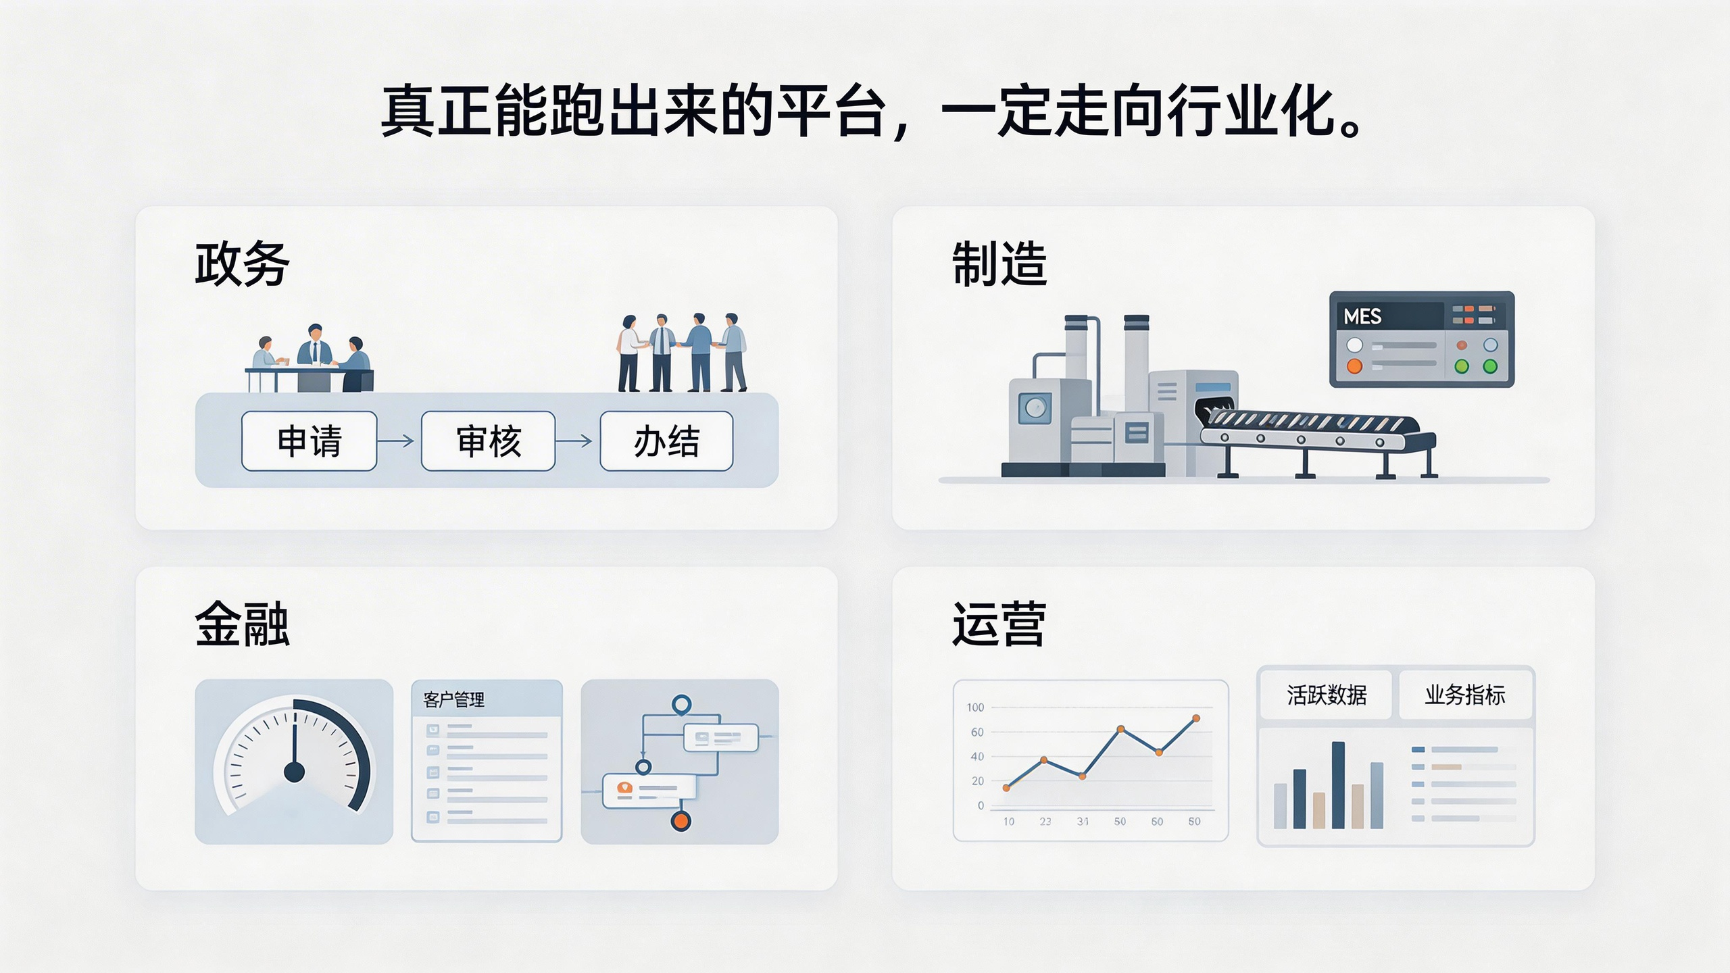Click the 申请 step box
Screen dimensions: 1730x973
tap(309, 441)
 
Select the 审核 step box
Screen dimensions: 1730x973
tap(488, 441)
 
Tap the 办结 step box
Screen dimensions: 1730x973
tap(666, 441)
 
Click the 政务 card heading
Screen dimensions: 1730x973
tap(242, 264)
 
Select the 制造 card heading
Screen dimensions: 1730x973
tap(999, 264)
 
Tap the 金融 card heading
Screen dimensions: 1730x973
tap(242, 624)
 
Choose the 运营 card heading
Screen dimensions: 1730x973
tap(999, 624)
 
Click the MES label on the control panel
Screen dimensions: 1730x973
tap(1362, 316)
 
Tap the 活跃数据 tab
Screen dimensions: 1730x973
tap(1326, 695)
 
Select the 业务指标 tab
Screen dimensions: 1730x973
tap(1465, 695)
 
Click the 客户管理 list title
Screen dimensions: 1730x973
tap(453, 699)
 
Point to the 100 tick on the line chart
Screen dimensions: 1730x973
tap(975, 707)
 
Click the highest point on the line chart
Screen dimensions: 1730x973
tap(1196, 718)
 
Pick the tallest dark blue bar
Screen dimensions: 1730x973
tap(1338, 785)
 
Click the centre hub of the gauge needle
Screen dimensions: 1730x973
tap(294, 771)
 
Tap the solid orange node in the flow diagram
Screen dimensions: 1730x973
tap(681, 821)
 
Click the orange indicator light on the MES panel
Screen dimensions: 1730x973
tap(1355, 366)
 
